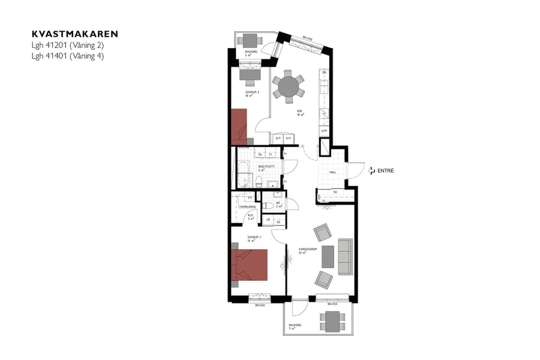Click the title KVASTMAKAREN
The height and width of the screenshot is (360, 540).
pos(75,34)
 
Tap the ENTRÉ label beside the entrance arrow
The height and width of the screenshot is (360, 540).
pos(385,171)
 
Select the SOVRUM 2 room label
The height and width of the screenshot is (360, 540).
pos(244,93)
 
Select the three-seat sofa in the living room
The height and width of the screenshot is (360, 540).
pos(345,256)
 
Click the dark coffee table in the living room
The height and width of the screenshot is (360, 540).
pos(328,257)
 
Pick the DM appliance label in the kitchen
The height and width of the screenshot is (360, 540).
pos(324,73)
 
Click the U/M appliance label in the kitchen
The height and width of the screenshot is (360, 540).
pos(324,131)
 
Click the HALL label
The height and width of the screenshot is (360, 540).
pos(332,172)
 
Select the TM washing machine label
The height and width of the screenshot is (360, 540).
pos(260,154)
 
